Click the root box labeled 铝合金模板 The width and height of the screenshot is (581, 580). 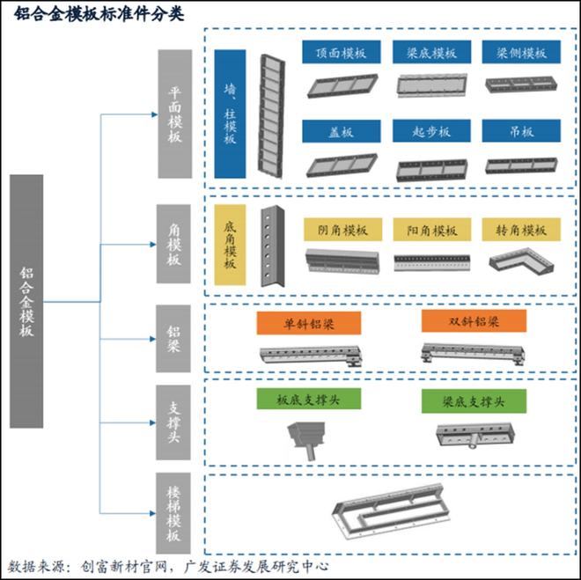click(26, 301)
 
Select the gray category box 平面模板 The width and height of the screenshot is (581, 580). click(175, 114)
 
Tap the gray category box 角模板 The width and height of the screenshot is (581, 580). click(173, 244)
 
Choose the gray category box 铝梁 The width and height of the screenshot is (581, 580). click(173, 339)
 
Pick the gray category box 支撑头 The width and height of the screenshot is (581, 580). click(173, 422)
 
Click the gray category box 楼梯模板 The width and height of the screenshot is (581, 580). click(173, 513)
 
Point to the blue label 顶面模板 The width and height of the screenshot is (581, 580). click(342, 52)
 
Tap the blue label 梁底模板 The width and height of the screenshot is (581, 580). click(431, 52)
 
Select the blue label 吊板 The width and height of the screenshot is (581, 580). click(521, 131)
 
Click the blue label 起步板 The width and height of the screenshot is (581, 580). click(431, 131)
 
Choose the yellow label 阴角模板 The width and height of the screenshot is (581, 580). click(342, 229)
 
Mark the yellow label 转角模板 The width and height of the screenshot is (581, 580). click(521, 229)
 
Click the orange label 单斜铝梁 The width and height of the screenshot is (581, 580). click(309, 323)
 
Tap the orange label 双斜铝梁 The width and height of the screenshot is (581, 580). click(474, 320)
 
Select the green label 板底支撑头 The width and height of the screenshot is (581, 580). click(309, 399)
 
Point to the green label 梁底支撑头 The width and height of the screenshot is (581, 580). click(474, 400)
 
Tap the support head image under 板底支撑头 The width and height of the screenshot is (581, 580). click(307, 440)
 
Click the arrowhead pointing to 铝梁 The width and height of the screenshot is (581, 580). click(152, 339)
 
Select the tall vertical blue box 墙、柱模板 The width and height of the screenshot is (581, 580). click(230, 114)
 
